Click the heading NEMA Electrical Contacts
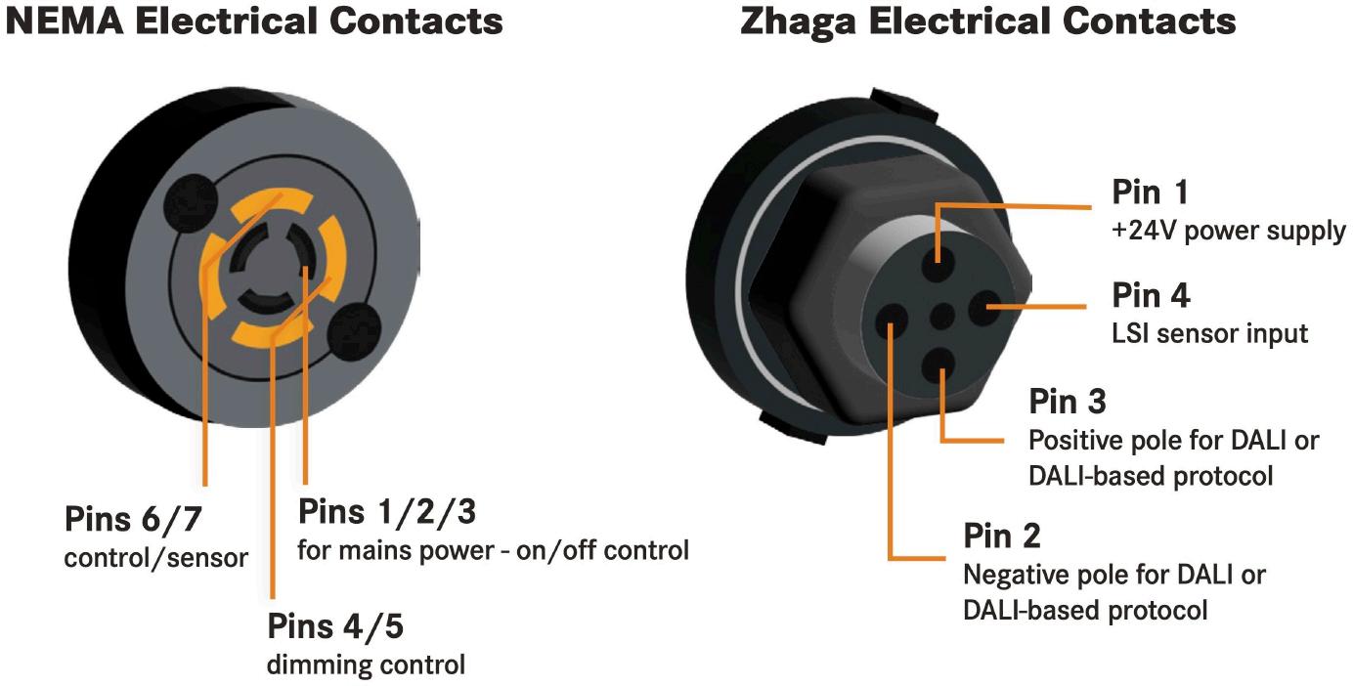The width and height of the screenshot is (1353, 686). tap(254, 21)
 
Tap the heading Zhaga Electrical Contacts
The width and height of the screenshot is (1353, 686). tap(987, 21)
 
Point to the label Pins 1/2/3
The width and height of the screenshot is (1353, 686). tap(387, 511)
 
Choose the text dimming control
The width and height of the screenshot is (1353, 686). tap(366, 665)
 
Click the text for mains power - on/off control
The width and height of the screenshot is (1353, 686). tap(493, 550)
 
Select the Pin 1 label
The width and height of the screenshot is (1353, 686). tap(1151, 193)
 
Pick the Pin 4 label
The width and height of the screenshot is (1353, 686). tap(1152, 295)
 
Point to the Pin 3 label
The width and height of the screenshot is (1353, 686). tap(1068, 402)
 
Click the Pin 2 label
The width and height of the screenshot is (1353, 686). tap(1002, 536)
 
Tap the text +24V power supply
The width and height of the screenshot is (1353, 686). tap(1229, 232)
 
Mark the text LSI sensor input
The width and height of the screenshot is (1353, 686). tap(1209, 333)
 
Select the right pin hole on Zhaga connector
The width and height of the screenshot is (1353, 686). tap(984, 309)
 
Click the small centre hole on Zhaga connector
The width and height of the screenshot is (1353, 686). tap(940, 315)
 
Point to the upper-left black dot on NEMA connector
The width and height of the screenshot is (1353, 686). tap(192, 202)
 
